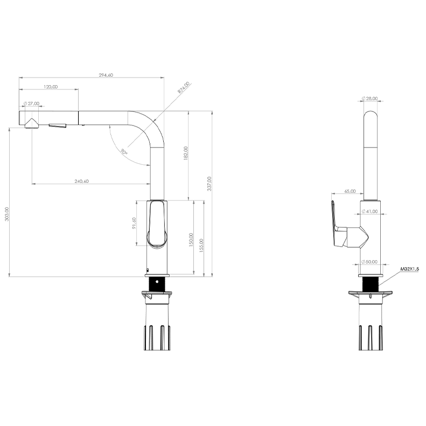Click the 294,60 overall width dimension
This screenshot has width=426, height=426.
106,75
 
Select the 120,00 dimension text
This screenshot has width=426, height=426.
51,87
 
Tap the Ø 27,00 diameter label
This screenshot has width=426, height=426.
32,103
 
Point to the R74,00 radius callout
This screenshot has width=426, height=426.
184,87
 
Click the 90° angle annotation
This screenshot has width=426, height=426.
124,151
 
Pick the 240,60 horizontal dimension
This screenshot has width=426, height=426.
81,181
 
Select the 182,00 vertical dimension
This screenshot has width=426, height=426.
186,153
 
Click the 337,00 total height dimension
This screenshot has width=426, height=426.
209,184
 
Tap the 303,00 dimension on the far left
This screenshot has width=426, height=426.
7,214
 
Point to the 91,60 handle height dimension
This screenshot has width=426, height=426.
134,223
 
